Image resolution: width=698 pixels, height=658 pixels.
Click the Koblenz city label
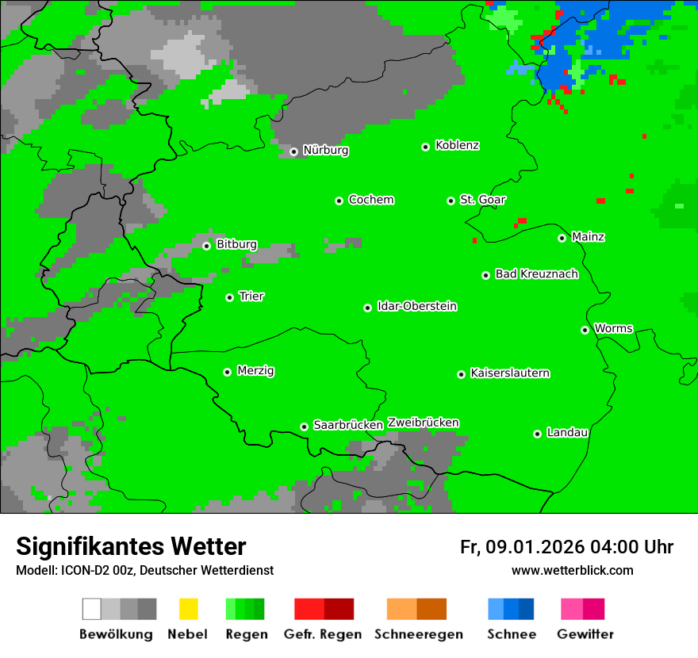click(x=457, y=146)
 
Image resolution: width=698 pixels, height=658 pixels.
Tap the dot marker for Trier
click(x=230, y=297)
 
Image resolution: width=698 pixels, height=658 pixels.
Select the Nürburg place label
click(x=325, y=151)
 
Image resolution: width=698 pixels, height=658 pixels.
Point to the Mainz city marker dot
click(x=562, y=238)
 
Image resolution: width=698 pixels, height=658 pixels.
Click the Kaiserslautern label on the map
click(x=509, y=373)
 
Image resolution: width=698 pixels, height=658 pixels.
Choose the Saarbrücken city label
click(x=348, y=426)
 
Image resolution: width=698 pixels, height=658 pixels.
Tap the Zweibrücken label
click(x=423, y=423)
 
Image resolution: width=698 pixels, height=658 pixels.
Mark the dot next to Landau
click(x=538, y=434)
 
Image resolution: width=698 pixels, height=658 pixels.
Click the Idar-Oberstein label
click(x=416, y=307)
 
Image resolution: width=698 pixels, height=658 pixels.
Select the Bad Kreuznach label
click(x=536, y=274)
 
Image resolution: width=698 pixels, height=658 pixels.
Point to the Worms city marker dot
click(x=585, y=330)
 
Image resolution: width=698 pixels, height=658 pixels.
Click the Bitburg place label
click(x=236, y=245)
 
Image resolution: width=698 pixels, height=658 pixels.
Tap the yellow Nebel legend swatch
click(x=188, y=609)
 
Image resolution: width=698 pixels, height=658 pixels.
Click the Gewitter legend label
click(x=585, y=634)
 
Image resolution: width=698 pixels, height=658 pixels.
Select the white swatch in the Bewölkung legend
click(x=92, y=609)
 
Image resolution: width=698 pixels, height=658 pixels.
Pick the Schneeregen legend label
click(x=418, y=634)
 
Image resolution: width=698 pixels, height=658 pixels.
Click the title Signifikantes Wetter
click(x=131, y=547)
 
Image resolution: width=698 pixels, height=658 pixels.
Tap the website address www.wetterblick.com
click(x=572, y=571)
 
